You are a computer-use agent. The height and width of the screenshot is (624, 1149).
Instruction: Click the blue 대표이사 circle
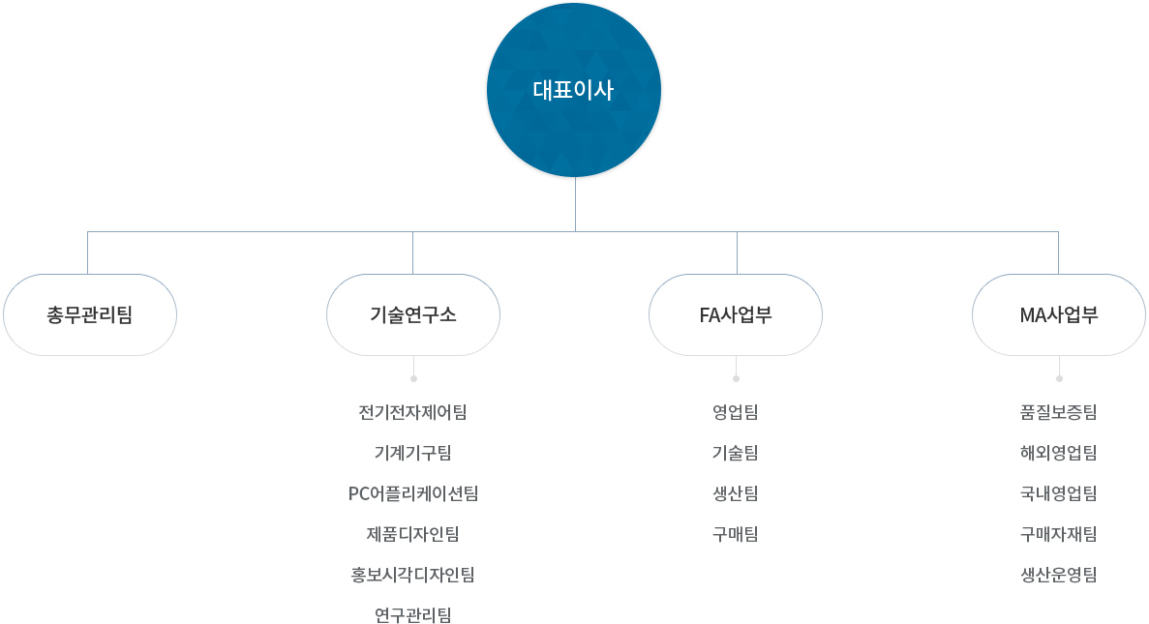(574, 90)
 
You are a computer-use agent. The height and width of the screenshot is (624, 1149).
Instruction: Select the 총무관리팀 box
(90, 315)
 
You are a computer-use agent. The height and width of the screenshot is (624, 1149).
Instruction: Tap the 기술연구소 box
(413, 315)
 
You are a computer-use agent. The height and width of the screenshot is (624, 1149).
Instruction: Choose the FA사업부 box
(736, 315)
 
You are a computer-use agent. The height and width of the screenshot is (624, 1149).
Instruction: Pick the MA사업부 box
(1059, 315)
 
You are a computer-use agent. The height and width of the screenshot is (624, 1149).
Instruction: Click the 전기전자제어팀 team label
(412, 412)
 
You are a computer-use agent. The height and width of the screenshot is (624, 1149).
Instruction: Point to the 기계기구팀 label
(412, 453)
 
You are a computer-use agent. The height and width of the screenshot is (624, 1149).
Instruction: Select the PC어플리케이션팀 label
(413, 493)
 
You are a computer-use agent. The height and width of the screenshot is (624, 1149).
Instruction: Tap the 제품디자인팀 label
(412, 534)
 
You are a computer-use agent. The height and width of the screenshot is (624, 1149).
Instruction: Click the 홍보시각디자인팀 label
(412, 575)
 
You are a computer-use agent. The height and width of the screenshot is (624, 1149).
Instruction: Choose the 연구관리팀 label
(412, 615)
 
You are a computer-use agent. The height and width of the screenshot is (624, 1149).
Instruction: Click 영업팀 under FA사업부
(736, 412)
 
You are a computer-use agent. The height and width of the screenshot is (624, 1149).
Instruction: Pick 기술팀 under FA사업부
(736, 453)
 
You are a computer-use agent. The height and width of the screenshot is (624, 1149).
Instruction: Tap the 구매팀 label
(736, 534)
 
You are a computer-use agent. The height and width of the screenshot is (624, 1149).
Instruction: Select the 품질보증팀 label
(1059, 412)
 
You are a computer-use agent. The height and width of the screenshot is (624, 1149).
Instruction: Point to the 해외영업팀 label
(1059, 453)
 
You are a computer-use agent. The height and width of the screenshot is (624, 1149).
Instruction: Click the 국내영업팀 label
(1059, 493)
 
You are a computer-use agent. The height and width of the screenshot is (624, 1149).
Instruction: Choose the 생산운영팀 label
(1059, 575)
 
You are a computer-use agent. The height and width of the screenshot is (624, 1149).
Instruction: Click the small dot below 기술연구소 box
(414, 378)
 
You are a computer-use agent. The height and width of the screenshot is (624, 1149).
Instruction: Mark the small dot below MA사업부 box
(1060, 378)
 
